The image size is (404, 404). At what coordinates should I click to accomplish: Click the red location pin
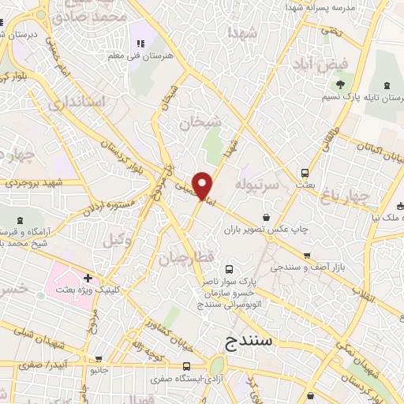tap(203, 185)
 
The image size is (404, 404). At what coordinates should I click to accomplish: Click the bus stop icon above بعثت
tap(305, 174)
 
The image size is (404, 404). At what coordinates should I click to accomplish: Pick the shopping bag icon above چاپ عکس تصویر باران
tap(267, 217)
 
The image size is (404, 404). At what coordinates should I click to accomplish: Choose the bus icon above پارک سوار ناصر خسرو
tap(230, 269)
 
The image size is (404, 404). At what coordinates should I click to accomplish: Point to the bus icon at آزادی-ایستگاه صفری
tap(186, 366)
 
